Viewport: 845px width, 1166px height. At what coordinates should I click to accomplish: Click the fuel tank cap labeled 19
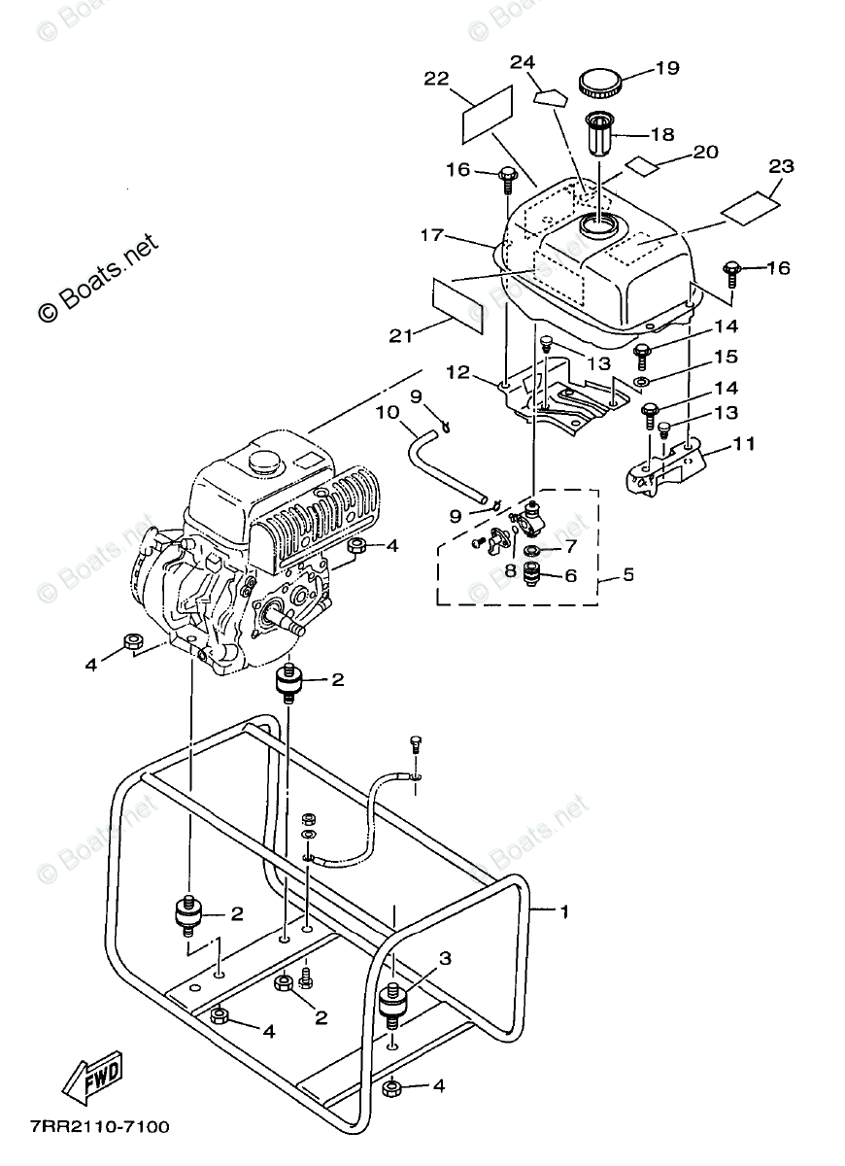pos(600,84)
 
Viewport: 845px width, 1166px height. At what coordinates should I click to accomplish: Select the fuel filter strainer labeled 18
pos(599,133)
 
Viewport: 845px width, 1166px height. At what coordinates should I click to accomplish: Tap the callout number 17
pos(432,235)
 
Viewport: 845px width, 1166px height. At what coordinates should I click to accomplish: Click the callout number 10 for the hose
pos(388,412)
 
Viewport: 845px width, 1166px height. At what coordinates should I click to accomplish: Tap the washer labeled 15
pos(640,382)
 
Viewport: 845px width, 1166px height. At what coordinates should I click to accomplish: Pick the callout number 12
pos(457,373)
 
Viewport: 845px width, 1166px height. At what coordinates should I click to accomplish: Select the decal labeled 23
pos(750,208)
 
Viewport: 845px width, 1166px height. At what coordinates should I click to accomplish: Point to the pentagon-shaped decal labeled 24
pos(550,97)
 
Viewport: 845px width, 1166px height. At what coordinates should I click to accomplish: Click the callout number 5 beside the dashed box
pos(628,574)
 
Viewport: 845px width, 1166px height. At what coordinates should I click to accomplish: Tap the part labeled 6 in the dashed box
pos(532,573)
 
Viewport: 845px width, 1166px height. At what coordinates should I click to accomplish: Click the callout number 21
pos(401,336)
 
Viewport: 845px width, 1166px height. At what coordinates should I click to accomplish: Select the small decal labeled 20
pos(642,165)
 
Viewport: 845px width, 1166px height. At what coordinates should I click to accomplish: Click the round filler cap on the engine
pos(265,461)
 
